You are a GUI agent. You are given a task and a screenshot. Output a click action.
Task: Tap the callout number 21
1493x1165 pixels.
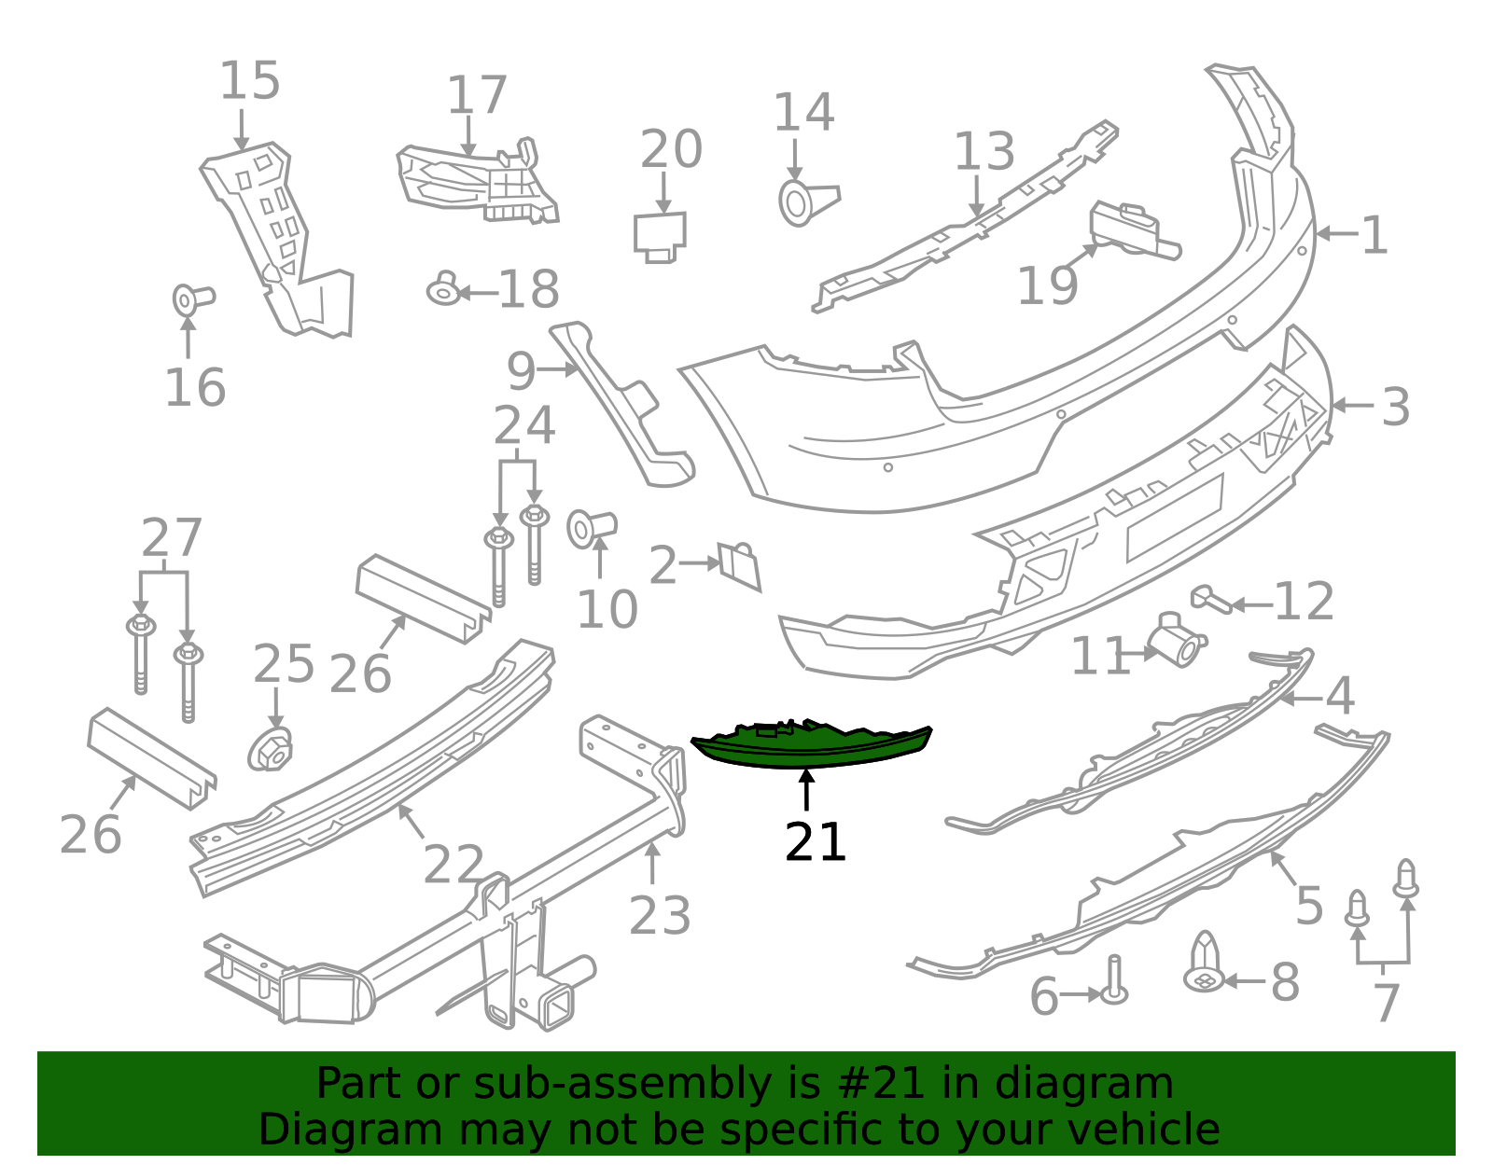(x=815, y=841)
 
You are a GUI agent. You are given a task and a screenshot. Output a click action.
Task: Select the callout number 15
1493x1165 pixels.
(x=249, y=80)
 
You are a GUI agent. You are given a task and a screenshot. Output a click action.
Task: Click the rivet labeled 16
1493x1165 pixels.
(x=193, y=299)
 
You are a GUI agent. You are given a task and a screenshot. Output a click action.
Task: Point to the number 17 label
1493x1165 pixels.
(x=477, y=95)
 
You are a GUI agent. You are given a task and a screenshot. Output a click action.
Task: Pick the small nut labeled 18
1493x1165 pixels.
(x=444, y=288)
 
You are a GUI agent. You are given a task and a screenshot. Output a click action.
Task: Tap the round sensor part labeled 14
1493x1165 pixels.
(x=808, y=203)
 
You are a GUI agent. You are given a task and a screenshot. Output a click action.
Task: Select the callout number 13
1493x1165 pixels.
(x=984, y=151)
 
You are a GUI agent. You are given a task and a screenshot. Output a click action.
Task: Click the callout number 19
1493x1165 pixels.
(x=1046, y=285)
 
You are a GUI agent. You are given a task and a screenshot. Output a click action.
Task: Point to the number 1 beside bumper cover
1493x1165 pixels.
(x=1374, y=235)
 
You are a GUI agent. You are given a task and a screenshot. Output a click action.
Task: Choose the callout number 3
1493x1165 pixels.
(x=1395, y=407)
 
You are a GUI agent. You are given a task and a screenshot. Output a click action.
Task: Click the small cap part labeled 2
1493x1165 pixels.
(x=739, y=565)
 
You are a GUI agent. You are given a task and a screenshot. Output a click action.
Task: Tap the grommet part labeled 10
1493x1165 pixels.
(x=591, y=529)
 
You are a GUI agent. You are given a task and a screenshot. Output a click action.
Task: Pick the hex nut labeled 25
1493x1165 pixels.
(x=270, y=750)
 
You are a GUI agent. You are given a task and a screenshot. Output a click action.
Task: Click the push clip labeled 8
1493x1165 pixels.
(x=1204, y=962)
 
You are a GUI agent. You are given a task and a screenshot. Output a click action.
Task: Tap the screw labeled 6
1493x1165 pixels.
(x=1114, y=980)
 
